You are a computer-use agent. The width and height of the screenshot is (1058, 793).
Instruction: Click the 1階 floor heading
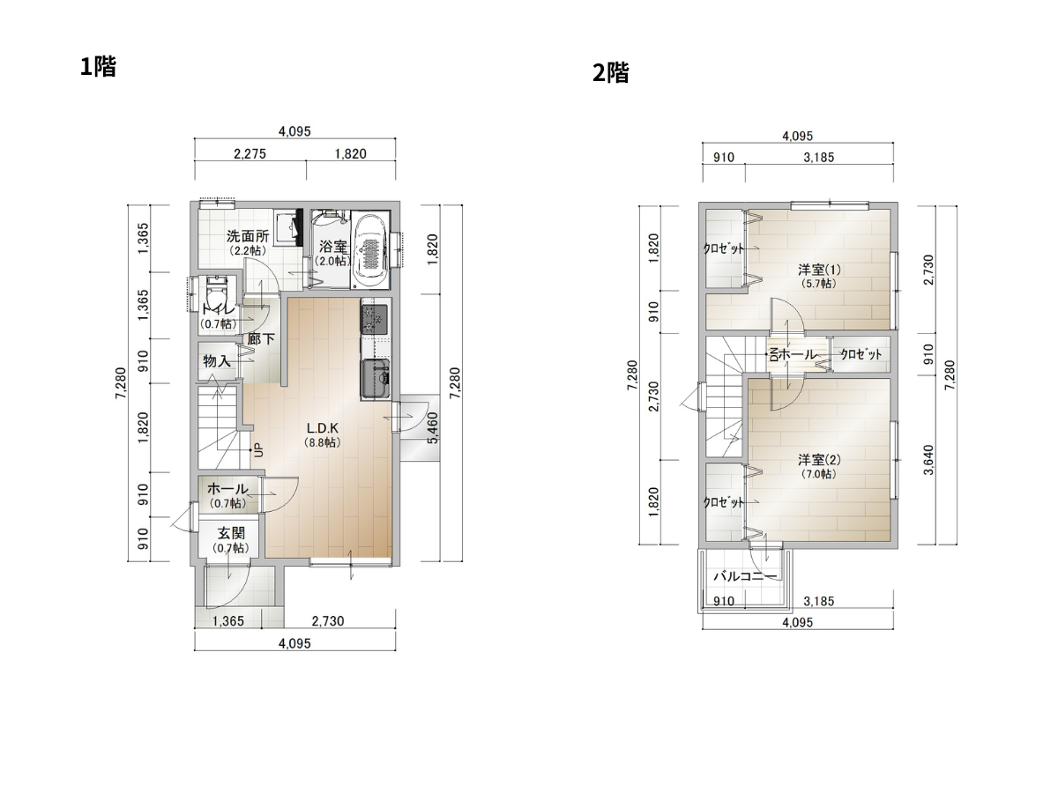point(98,66)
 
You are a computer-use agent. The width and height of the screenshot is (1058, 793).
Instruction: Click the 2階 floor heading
point(610,73)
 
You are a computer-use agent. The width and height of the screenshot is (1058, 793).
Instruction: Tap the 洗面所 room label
point(248,236)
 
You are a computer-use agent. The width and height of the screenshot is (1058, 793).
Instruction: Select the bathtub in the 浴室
point(371,250)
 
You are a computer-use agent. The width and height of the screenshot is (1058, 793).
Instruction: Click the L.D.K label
point(323,427)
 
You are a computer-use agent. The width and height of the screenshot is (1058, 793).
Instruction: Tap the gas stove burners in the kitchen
point(374,319)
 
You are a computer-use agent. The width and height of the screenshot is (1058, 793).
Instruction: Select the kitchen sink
point(376,378)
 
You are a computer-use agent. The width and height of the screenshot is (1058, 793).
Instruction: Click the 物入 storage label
point(217,360)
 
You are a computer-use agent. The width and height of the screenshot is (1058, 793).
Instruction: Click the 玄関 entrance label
point(231,533)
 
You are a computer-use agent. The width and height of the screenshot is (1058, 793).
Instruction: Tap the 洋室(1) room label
point(819,269)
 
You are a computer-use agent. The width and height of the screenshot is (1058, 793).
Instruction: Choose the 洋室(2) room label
point(819,459)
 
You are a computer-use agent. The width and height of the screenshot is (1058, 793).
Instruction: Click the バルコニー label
point(745,576)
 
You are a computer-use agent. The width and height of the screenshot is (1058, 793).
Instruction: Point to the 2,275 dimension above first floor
point(250,153)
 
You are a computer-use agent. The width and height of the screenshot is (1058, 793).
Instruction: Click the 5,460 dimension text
point(433,427)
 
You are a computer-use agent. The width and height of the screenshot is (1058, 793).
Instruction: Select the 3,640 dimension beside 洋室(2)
point(928,460)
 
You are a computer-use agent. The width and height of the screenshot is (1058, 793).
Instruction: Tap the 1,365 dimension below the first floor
point(228,621)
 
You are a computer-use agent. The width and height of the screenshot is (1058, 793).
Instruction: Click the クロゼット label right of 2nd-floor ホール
point(861,354)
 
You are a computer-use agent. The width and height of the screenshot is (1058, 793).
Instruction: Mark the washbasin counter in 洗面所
point(288,227)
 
